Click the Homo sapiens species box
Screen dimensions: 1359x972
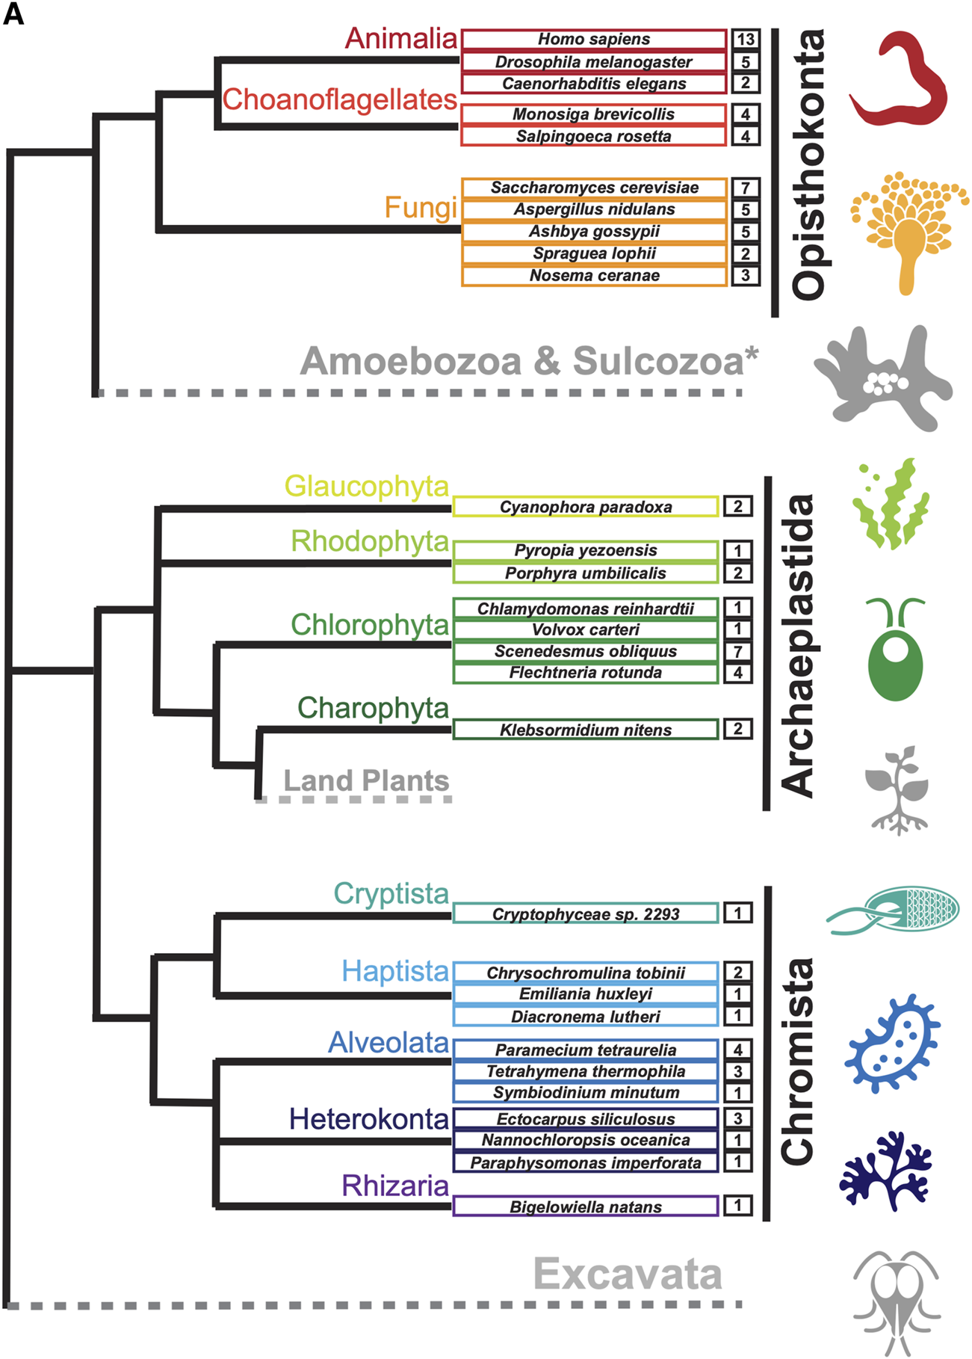pos(594,39)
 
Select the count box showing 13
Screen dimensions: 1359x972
pos(745,39)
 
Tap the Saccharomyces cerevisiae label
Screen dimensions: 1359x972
pos(594,188)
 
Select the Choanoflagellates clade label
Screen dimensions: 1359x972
pos(340,99)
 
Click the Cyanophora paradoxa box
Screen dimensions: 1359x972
pos(586,507)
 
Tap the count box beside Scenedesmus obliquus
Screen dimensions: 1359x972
pos(737,651)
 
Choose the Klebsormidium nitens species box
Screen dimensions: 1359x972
pos(586,730)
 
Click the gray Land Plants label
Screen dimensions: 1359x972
pos(366,780)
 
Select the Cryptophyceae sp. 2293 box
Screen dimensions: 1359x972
pos(586,913)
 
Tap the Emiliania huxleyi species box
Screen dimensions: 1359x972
pos(586,994)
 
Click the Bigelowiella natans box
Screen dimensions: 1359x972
pos(586,1207)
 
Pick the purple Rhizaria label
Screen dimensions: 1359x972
pos(394,1186)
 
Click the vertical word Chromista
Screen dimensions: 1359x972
pos(797,1061)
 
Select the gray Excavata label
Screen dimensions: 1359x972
pos(628,1274)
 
